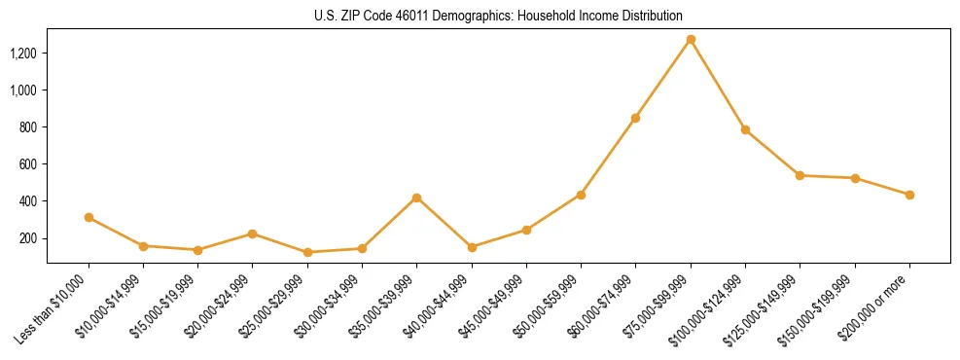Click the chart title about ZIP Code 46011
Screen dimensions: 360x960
[x=498, y=17]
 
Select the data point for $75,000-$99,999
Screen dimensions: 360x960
[x=691, y=40]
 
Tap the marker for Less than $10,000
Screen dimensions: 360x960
[x=89, y=218]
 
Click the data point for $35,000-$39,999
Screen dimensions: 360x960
[x=416, y=198]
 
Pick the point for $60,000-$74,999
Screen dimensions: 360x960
[x=635, y=118]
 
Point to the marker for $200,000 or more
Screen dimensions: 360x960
[x=909, y=195]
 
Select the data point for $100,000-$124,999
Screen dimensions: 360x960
[x=745, y=129]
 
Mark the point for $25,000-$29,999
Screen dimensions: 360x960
[x=307, y=252]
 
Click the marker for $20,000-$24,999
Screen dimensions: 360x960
[x=252, y=234]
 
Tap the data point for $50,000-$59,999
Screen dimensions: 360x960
[x=581, y=195]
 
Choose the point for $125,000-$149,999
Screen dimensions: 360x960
[x=800, y=175]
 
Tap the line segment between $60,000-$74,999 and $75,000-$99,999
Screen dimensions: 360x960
[x=663, y=79]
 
